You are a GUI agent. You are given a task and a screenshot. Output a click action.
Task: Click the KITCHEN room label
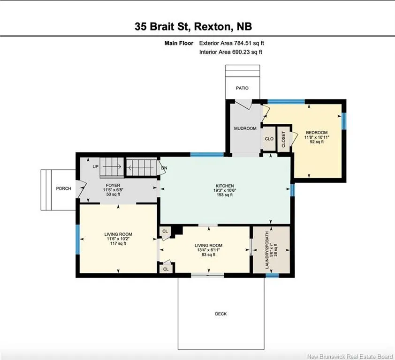(x=225, y=186)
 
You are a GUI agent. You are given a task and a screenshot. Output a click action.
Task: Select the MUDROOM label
(x=245, y=128)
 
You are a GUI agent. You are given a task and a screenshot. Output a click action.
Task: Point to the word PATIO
(x=242, y=88)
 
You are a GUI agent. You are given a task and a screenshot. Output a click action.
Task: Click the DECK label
(x=220, y=314)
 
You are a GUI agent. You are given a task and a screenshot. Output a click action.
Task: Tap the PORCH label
(x=63, y=188)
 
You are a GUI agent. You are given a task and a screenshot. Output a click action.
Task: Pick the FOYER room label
(x=113, y=185)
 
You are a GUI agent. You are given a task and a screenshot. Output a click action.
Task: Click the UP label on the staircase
(x=96, y=167)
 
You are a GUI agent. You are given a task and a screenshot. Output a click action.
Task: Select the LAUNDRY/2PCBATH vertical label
(x=267, y=250)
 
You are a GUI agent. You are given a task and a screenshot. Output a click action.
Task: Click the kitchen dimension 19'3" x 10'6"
(x=225, y=190)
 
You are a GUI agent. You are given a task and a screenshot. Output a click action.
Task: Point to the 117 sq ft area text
(x=118, y=243)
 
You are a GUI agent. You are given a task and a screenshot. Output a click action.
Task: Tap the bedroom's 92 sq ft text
(x=317, y=142)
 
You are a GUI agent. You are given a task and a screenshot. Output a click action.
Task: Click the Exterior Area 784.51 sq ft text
(x=231, y=43)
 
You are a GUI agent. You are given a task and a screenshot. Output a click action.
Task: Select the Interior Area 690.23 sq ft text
(x=231, y=52)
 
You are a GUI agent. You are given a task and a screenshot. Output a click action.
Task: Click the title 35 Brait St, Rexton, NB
(x=193, y=26)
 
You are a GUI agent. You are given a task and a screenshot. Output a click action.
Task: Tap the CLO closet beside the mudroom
(x=269, y=139)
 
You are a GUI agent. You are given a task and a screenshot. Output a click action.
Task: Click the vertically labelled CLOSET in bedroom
(x=284, y=139)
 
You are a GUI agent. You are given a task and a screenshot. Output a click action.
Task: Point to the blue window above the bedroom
(x=286, y=102)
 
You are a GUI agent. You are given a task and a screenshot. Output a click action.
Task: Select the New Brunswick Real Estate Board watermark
(x=350, y=356)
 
